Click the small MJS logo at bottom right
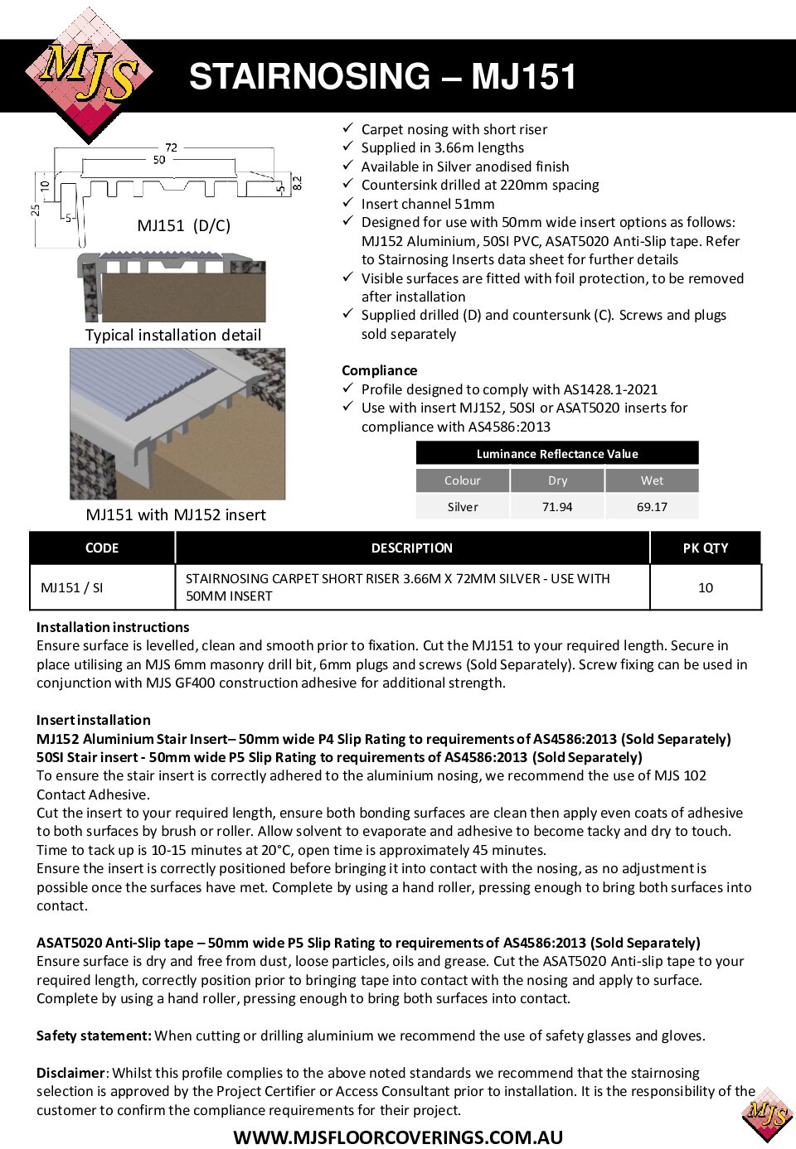768,1114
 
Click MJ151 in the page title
523,77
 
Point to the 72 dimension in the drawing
171,147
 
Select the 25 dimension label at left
36,210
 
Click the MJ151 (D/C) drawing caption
183,225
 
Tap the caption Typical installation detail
172,335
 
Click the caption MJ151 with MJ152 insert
176,514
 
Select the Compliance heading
379,370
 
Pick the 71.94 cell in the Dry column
557,507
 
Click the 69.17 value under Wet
652,507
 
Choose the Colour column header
462,480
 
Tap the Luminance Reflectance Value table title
557,454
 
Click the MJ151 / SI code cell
72,587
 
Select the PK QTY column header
705,548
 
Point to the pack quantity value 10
705,587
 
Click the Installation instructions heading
113,627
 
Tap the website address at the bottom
398,1137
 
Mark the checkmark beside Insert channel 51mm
348,203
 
